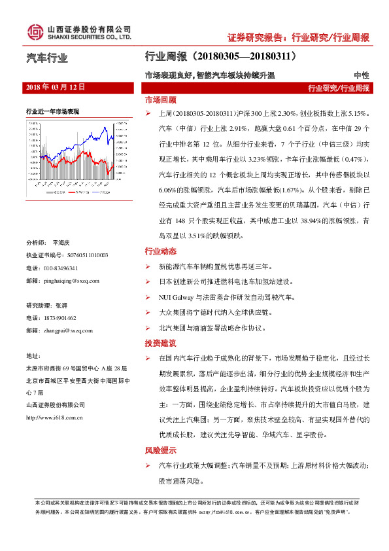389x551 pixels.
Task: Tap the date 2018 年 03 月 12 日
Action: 55,86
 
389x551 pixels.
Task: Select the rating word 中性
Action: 361,76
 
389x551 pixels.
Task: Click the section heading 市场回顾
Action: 160,101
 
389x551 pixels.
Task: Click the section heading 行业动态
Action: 160,251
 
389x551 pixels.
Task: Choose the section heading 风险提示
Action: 160,450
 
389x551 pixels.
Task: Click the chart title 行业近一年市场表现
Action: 52,111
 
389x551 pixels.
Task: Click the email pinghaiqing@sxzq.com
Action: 72,281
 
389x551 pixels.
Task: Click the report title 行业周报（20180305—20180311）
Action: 220,58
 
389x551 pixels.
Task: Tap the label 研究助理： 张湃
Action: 46,306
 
